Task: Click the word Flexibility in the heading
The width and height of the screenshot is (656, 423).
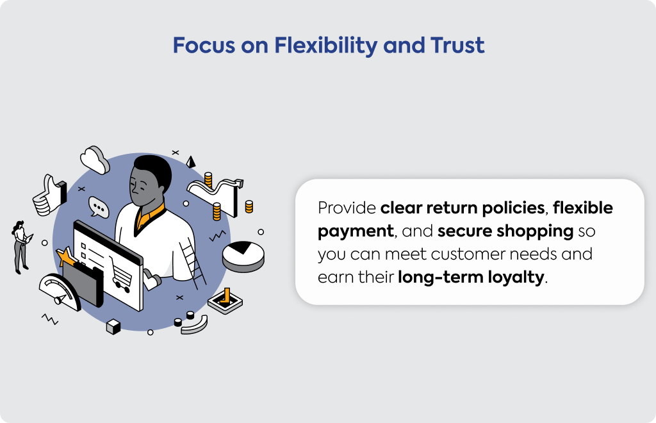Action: click(326, 46)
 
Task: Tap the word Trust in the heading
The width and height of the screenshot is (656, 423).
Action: click(457, 46)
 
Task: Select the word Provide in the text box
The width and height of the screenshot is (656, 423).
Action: click(347, 208)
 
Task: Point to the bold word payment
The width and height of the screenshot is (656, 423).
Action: click(356, 231)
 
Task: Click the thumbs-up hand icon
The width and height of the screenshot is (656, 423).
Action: click(49, 196)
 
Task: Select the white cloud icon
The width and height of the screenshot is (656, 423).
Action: click(95, 160)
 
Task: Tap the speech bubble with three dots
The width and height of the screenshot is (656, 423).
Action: click(99, 207)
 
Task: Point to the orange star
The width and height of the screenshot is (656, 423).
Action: click(66, 256)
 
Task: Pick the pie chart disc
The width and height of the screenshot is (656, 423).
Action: click(243, 256)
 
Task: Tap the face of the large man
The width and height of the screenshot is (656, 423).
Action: click(143, 187)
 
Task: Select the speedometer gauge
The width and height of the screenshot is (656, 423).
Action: click(60, 292)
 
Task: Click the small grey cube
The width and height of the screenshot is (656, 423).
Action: click(113, 326)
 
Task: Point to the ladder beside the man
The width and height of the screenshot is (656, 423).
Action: click(193, 263)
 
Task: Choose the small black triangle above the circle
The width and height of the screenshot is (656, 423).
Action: click(191, 162)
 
